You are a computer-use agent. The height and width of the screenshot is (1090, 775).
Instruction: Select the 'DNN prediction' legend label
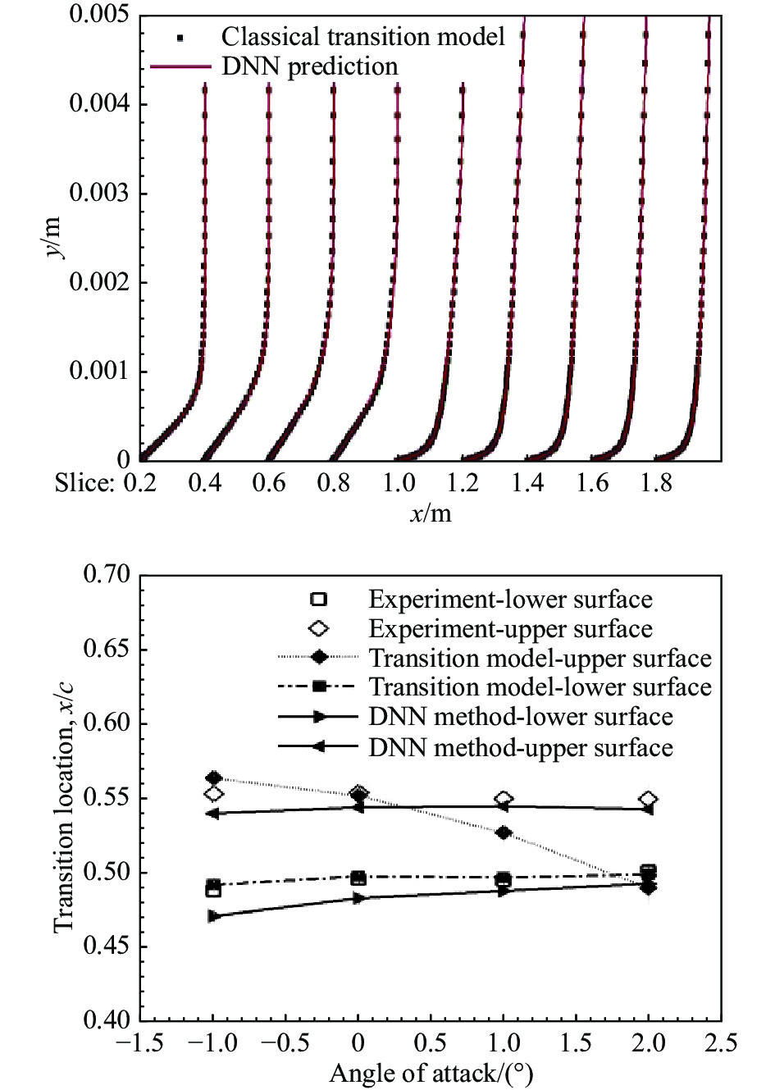tap(309, 66)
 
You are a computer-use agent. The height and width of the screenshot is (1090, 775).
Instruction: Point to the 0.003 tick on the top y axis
tap(104, 194)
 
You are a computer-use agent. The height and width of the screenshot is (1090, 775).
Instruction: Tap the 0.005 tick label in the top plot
tap(104, 15)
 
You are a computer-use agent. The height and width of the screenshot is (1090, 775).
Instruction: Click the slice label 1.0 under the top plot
tap(399, 483)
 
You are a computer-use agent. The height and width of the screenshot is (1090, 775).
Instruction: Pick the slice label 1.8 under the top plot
tap(657, 483)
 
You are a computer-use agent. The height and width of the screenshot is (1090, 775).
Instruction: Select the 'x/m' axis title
tap(431, 513)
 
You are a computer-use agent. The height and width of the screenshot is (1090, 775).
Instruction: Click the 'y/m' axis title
tap(56, 238)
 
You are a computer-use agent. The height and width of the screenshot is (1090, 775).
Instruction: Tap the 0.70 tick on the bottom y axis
tap(107, 575)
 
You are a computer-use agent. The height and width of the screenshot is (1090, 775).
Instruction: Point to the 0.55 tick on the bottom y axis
tap(107, 798)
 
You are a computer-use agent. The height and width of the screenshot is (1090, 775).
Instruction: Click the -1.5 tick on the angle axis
tap(140, 1044)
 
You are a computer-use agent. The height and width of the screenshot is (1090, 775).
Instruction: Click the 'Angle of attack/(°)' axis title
tap(431, 1074)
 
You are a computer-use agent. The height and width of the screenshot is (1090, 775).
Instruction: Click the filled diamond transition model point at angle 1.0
tap(504, 833)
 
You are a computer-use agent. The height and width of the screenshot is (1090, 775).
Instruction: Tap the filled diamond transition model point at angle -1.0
tap(214, 778)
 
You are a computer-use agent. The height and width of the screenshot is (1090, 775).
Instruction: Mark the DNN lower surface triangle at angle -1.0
tap(214, 916)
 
